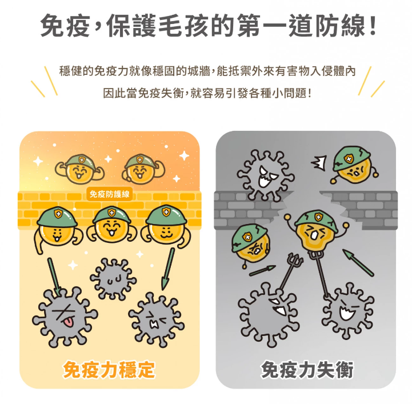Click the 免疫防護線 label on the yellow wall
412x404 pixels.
(x=110, y=194)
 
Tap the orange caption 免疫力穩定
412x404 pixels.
(x=109, y=370)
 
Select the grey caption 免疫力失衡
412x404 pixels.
(x=307, y=370)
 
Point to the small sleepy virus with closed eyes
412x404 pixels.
(x=113, y=279)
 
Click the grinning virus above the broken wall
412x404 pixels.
(x=265, y=175)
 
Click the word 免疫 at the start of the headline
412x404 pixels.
(x=66, y=26)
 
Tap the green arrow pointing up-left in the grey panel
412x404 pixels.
(x=358, y=262)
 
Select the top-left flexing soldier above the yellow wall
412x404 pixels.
(x=79, y=169)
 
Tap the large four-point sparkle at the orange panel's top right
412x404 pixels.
(x=184, y=155)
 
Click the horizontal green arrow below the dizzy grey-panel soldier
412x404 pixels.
(x=262, y=270)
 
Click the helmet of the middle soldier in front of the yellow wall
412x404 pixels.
(x=111, y=215)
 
